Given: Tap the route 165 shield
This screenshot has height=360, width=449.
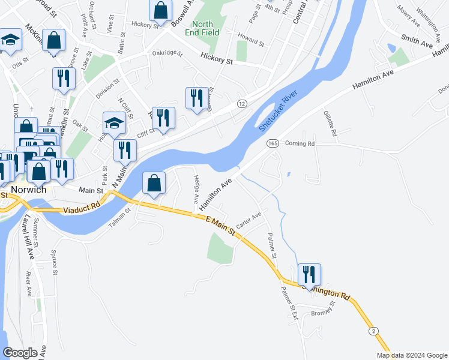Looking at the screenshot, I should click(x=273, y=143).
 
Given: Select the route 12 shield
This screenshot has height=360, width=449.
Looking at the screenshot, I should click(x=242, y=104).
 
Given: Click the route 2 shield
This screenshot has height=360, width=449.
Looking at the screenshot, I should click(x=374, y=331).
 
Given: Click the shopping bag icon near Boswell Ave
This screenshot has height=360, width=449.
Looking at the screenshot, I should click(x=160, y=10).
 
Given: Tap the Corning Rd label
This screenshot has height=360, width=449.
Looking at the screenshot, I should click(x=300, y=143).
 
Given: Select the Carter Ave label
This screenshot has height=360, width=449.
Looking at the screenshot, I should click(x=249, y=220).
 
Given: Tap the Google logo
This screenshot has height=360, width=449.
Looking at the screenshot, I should click(x=20, y=353).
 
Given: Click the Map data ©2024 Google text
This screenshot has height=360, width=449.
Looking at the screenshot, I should click(x=411, y=355).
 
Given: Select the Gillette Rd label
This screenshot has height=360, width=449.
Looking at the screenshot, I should click(x=330, y=122).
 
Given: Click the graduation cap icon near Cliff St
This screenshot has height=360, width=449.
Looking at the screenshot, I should click(x=114, y=123).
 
